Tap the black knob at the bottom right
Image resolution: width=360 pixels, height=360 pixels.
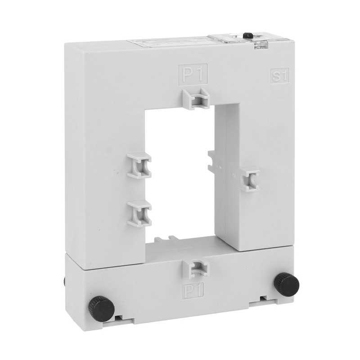click(287, 284)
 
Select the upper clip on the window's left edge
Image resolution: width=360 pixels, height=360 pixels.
click(139, 165)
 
